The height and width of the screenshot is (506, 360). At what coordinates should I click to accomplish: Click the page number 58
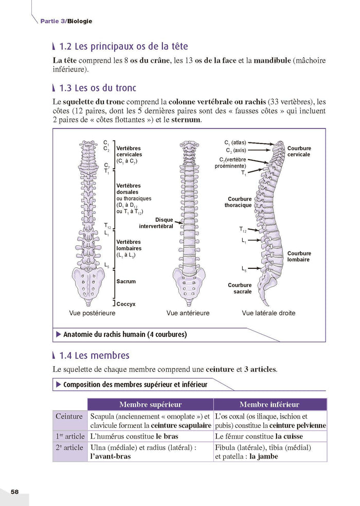[x=14, y=492]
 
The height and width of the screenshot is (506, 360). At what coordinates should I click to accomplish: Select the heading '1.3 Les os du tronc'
[x=101, y=88]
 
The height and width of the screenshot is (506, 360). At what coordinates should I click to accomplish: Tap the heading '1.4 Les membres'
[x=94, y=355]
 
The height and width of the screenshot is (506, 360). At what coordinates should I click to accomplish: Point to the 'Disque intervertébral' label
[x=156, y=223]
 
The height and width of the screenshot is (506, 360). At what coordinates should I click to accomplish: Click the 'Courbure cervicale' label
[x=299, y=152]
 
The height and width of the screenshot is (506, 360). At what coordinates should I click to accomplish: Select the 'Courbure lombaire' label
[x=299, y=257]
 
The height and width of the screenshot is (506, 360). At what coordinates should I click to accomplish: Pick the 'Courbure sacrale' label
[x=240, y=288]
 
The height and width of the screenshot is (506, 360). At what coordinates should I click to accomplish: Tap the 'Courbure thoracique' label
[x=238, y=202]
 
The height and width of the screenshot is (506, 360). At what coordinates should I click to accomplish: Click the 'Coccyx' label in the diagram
[x=126, y=304]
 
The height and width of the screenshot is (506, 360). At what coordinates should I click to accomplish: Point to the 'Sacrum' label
[x=126, y=282]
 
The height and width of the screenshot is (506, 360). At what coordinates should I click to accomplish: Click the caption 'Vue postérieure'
[x=92, y=313]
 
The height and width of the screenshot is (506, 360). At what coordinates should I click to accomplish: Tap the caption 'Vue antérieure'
[x=188, y=313]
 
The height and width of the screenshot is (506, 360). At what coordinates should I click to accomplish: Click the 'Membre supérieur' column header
[x=150, y=405]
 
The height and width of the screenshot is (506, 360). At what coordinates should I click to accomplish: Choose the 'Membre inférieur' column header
[x=269, y=405]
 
